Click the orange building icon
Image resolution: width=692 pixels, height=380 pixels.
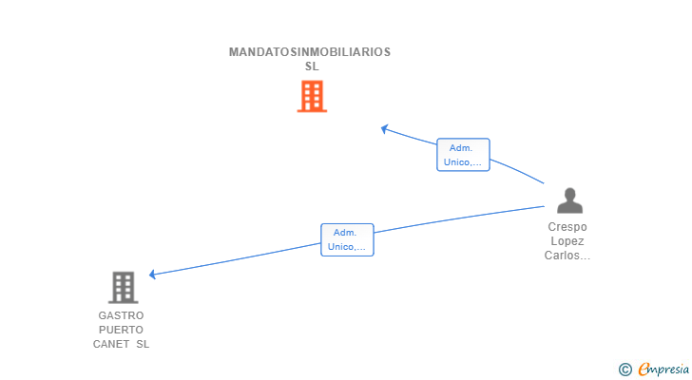312,96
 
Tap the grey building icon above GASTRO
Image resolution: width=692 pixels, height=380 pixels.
123,287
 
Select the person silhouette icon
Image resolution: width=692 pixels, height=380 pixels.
568,200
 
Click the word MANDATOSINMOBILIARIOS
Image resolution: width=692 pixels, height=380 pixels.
309,52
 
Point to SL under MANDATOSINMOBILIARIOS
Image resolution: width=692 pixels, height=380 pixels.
312,66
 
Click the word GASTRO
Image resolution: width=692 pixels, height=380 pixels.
121,315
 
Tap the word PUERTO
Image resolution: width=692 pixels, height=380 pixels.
121,330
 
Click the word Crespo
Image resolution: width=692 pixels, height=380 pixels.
567,227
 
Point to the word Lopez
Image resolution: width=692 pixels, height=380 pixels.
567,241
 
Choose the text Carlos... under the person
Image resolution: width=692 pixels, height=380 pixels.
567,256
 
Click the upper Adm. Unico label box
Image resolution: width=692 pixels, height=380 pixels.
463,155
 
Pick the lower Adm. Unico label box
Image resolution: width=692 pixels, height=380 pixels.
347,239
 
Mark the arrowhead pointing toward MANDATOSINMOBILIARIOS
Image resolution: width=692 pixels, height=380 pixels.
384,128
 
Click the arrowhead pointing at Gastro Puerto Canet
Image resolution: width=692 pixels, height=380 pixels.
153,275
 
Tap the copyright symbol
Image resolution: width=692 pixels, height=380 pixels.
625,369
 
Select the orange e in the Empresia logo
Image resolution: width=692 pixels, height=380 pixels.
644,369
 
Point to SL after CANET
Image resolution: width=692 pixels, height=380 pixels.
142,344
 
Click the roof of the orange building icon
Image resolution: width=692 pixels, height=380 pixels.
312,83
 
